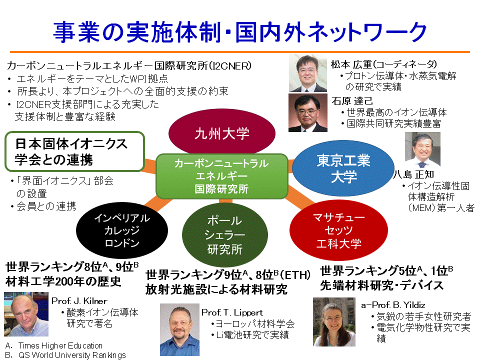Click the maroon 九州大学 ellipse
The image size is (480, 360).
pyautogui.click(x=222, y=133)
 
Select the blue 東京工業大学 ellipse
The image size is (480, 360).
pyautogui.click(x=343, y=168)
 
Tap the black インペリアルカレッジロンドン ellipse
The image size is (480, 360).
pyautogui.click(x=122, y=230)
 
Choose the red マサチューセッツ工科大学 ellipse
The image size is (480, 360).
pyautogui.click(x=338, y=230)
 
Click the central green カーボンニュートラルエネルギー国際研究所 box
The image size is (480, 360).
pyautogui.click(x=222, y=176)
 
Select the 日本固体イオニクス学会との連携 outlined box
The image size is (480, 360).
pyautogui.click(x=74, y=151)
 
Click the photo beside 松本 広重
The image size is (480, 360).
pyautogui.click(x=308, y=73)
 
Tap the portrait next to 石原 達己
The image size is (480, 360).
pyautogui.click(x=308, y=112)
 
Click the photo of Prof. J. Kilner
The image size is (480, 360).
pyautogui.click(x=26, y=314)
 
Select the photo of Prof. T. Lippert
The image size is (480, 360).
pyautogui.click(x=179, y=329)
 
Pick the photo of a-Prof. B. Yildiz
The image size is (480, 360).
pyautogui.click(x=334, y=321)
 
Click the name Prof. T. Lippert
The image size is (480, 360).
pyautogui.click(x=232, y=312)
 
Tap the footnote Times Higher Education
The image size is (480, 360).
pyautogui.click(x=60, y=345)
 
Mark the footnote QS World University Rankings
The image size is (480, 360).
pyautogui.click(x=72, y=355)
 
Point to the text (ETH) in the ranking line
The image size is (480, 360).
pyautogui.click(x=295, y=275)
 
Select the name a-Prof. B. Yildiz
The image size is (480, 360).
pyautogui.click(x=393, y=305)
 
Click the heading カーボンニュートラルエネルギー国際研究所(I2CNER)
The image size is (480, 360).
pyautogui.click(x=129, y=65)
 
